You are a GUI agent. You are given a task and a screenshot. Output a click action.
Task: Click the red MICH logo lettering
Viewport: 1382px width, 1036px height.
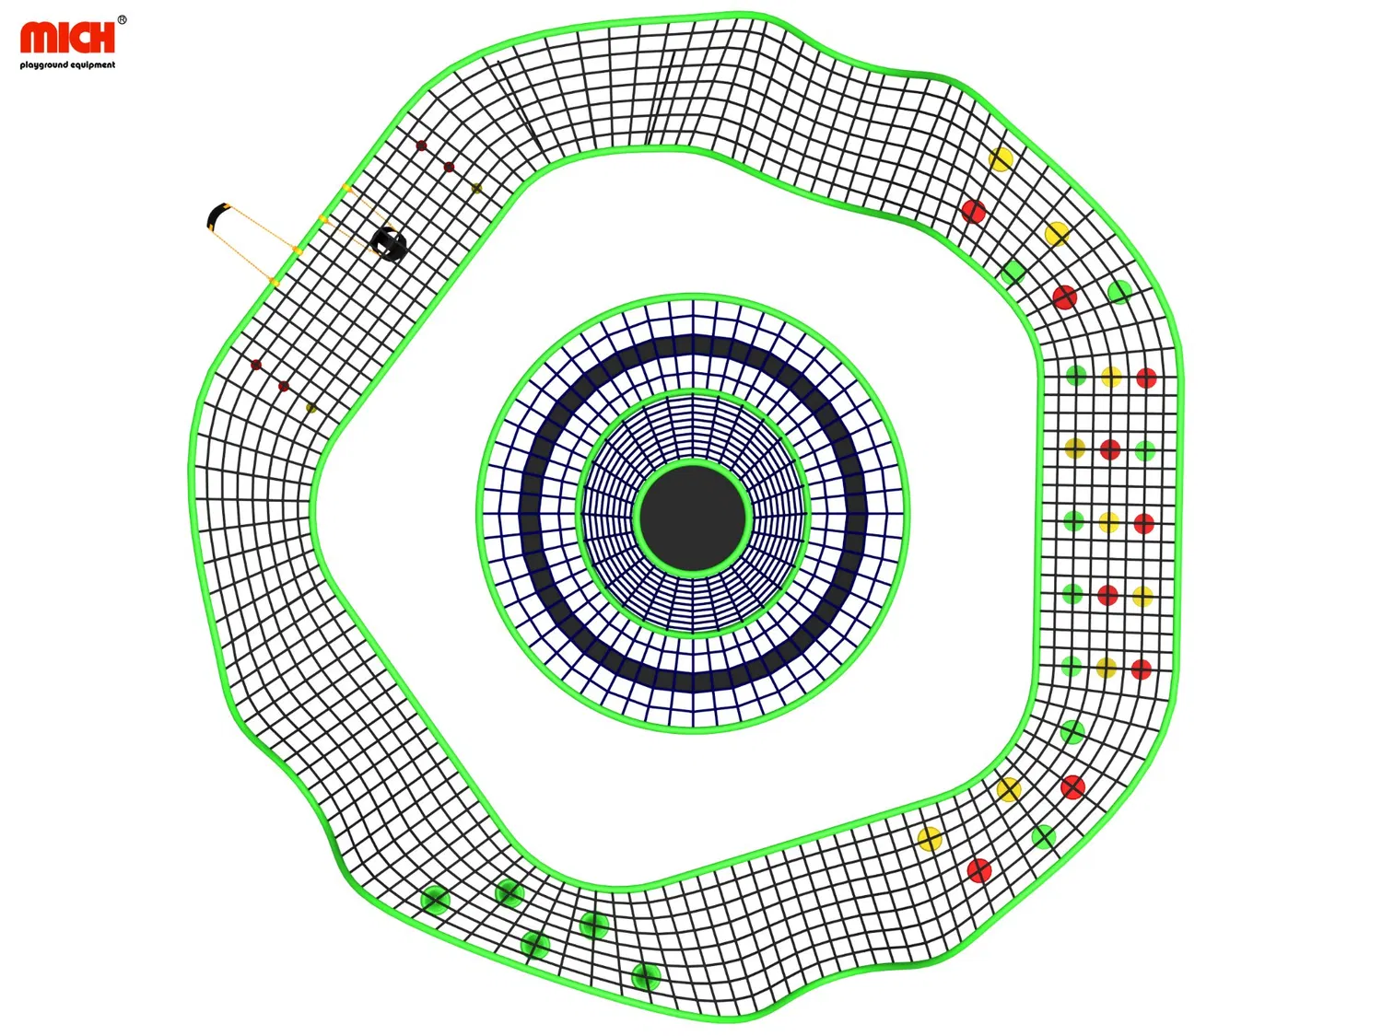click(68, 37)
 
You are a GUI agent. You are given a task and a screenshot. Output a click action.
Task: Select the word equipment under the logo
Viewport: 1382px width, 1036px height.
click(93, 64)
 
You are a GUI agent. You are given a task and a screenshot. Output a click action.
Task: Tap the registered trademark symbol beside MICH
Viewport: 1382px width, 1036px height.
click(122, 19)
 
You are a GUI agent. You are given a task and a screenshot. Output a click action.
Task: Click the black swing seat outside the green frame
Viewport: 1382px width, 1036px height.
click(217, 215)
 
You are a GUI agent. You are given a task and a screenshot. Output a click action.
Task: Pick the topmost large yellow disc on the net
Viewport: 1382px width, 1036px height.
click(1000, 159)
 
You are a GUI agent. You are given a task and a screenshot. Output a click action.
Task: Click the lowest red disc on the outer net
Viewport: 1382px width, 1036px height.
click(979, 870)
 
